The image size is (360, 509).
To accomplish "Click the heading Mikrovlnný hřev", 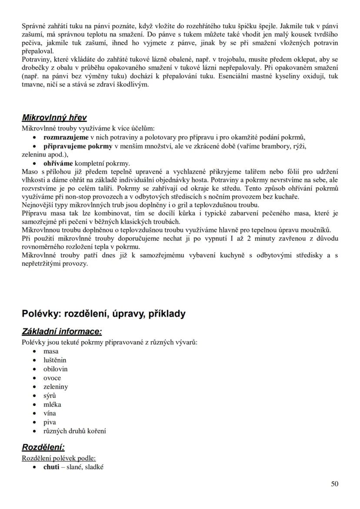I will (x=54, y=118).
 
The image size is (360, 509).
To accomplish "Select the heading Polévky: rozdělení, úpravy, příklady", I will (x=104, y=313).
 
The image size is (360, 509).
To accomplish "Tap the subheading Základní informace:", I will (x=62, y=332).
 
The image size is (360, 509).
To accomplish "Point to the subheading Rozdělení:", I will (x=43, y=447).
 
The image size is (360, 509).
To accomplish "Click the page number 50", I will (x=334, y=484).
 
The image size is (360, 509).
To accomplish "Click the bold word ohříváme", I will (x=58, y=163).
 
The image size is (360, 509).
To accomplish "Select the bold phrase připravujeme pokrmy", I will (x=78, y=146).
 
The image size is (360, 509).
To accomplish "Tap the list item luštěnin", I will (x=55, y=360).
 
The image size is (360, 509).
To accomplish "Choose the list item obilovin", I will (x=55, y=369).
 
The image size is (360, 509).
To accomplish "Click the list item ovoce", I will (x=52, y=378).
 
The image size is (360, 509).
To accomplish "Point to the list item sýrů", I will (x=50, y=396).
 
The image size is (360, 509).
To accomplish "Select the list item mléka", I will (x=52, y=404).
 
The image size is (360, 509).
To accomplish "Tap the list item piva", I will (x=50, y=422).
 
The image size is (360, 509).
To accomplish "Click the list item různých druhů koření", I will (x=74, y=431).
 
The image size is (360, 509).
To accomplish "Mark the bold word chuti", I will (x=51, y=467).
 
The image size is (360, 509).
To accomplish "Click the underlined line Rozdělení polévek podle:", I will (x=59, y=459).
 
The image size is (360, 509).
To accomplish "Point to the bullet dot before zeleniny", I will (x=34, y=387).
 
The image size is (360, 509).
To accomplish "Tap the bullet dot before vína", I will (x=34, y=413).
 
